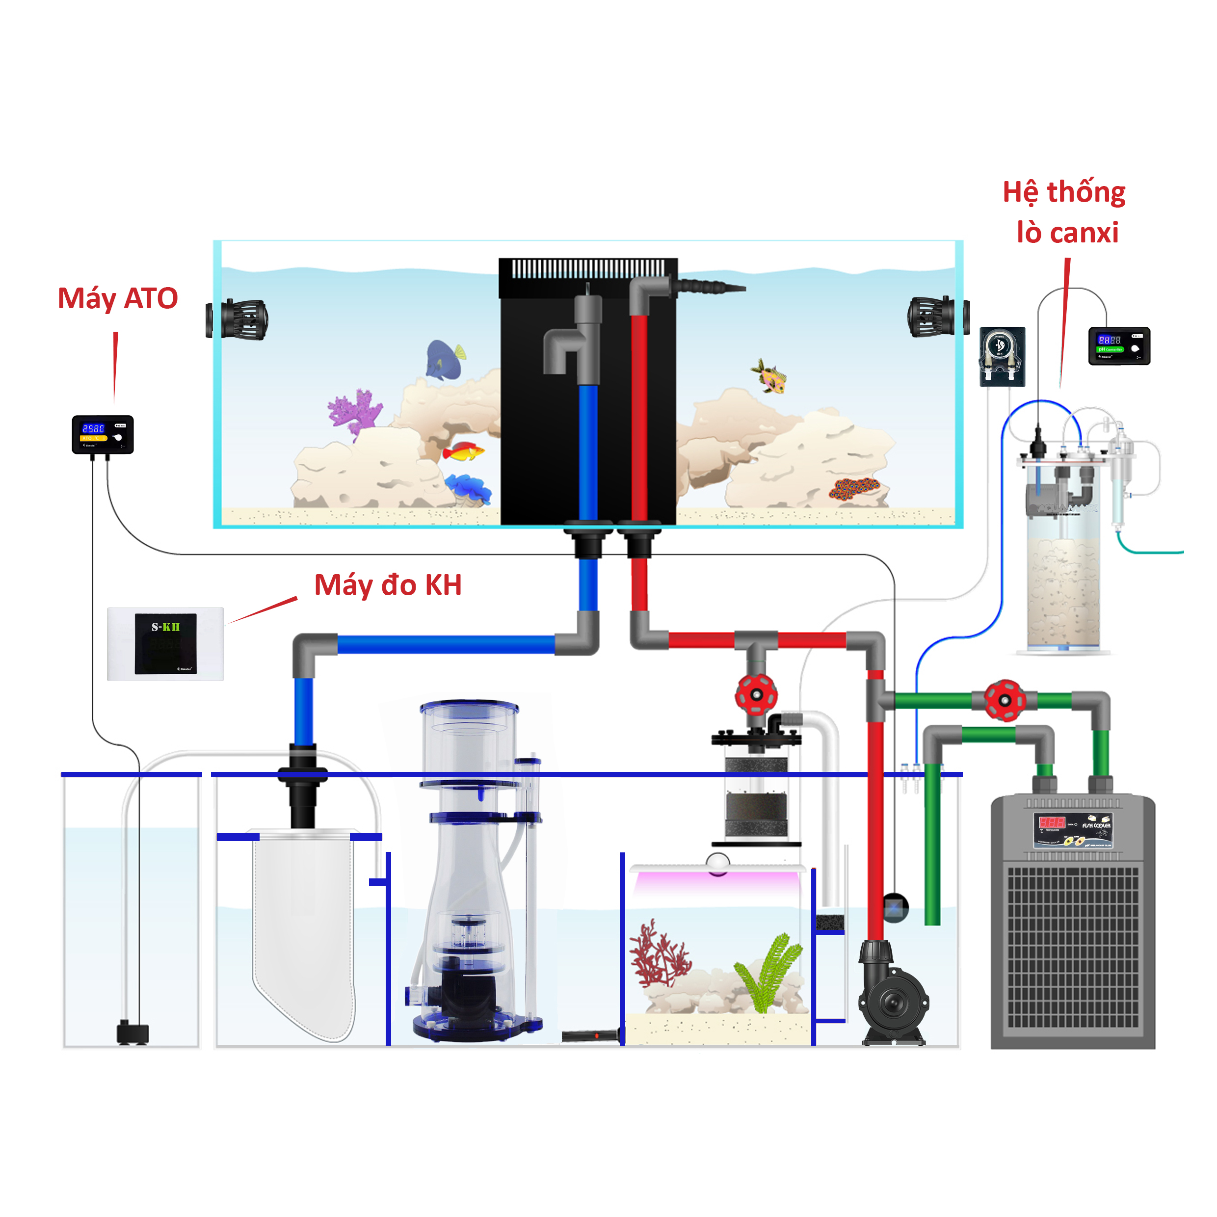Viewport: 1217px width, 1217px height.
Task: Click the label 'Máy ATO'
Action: pos(118,298)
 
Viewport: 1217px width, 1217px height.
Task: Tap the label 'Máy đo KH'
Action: pos(388,585)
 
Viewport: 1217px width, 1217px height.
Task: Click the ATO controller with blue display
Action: pos(102,434)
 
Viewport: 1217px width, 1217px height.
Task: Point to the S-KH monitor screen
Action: pos(166,644)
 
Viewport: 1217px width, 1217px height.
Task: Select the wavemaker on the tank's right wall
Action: pos(937,316)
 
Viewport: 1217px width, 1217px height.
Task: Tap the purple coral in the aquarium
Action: pos(355,411)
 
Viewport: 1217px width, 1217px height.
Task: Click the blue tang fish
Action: pos(444,359)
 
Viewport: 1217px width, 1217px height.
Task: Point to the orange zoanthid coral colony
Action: pos(853,487)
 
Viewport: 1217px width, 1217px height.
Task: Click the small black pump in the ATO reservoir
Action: pos(132,1032)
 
